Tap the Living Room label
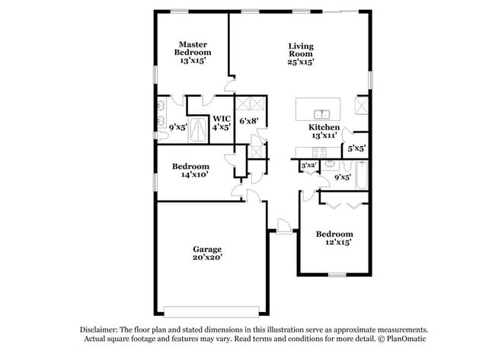(x=300, y=50)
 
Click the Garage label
(x=206, y=249)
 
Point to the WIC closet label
(x=222, y=118)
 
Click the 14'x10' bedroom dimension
(x=190, y=176)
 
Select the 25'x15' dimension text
(x=300, y=63)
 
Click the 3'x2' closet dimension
(x=308, y=165)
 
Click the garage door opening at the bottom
(x=211, y=310)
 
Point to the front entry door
(x=283, y=226)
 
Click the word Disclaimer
(x=100, y=328)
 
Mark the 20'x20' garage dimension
(x=206, y=258)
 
